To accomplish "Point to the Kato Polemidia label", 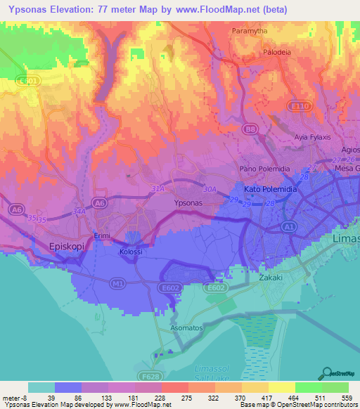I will click(x=271, y=190).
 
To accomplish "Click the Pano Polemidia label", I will click(x=265, y=169).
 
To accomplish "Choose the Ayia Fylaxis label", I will click(x=312, y=136).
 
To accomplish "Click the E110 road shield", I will click(x=300, y=105).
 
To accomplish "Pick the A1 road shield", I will click(x=288, y=227).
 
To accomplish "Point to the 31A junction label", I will click(x=157, y=189).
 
